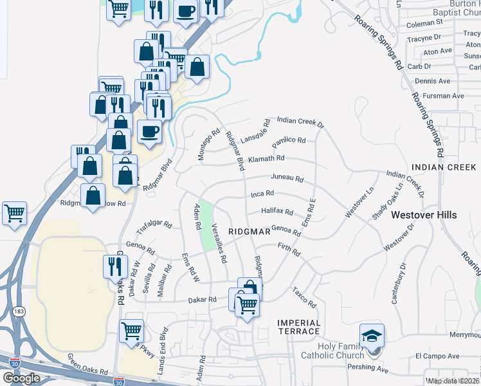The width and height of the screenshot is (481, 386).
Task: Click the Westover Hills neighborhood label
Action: click(424, 214)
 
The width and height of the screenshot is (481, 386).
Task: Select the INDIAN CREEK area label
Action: click(444, 167)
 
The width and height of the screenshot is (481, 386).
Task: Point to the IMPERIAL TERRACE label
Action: click(298, 327)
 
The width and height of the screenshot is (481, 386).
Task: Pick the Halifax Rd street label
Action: click(277, 211)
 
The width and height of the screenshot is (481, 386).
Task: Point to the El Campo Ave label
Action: click(437, 356)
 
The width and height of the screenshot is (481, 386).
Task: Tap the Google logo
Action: click(21, 378)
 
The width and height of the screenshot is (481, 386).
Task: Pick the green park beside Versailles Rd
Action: click(207, 225)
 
